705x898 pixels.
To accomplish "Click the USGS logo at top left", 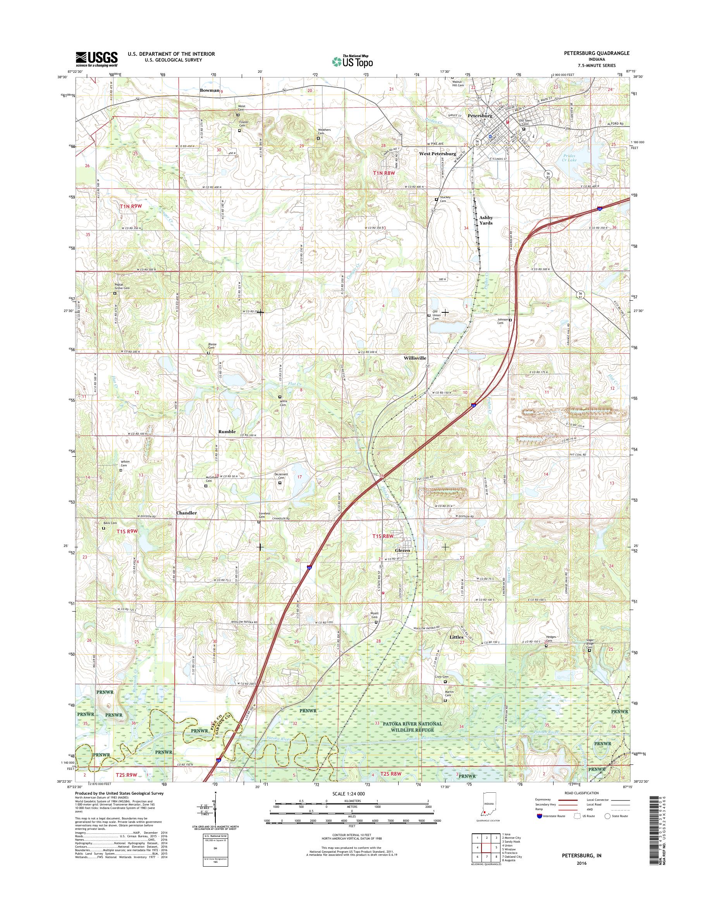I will click(96, 59).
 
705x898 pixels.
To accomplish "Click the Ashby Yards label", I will click(485, 220).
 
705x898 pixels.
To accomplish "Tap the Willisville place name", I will click(414, 358).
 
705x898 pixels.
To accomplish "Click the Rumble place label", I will click(227, 432).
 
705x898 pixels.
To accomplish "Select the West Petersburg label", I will click(438, 153).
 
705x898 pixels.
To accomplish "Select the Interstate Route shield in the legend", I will click(540, 816).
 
